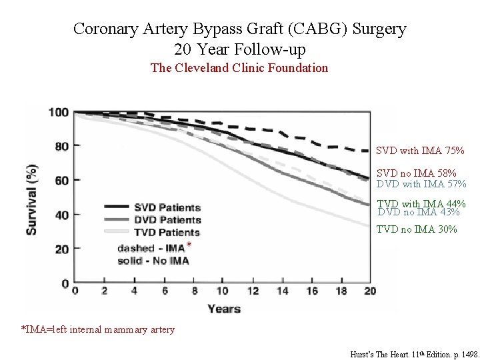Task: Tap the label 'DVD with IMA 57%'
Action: click(421, 183)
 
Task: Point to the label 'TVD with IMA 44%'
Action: click(421, 204)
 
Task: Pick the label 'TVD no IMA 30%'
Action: click(417, 229)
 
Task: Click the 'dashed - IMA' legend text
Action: click(151, 248)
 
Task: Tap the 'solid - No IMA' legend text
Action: click(153, 261)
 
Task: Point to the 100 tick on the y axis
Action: click(59, 112)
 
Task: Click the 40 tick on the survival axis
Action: click(62, 215)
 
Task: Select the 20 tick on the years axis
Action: click(370, 291)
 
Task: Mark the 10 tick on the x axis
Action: click(222, 291)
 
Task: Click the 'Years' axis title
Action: click(224, 308)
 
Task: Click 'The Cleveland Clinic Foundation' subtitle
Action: click(239, 68)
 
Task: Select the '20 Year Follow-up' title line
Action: click(239, 49)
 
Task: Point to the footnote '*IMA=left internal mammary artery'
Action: click(99, 329)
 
